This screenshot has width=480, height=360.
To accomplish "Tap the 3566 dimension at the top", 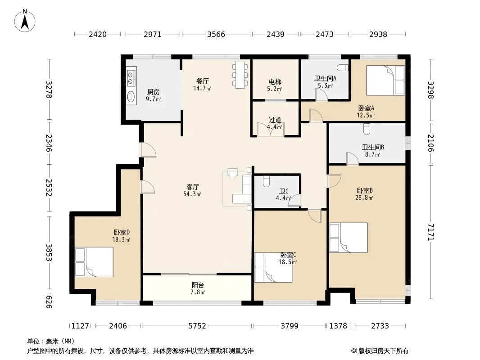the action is tap(216, 34).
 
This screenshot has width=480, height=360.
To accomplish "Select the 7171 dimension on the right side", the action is tap(431, 232).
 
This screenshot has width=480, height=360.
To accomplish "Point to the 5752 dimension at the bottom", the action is tap(197, 326).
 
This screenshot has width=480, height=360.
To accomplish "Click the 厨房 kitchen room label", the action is tap(154, 92).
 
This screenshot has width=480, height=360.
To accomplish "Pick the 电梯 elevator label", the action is tap(275, 81).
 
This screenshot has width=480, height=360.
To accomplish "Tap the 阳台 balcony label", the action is tap(198, 285).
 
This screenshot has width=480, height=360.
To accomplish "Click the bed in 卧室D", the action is tap(94, 262).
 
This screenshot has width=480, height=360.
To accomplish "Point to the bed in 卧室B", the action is tap(349, 238).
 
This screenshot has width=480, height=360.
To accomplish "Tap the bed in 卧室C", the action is tap(274, 267).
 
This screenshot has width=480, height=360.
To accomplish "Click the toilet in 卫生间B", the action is tap(367, 129).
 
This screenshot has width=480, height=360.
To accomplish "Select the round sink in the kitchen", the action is tap(131, 97).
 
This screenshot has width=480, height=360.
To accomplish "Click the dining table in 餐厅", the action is tap(240, 75).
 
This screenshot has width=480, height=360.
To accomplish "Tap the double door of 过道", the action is tap(271, 130).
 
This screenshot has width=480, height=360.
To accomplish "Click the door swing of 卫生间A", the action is tap(322, 94).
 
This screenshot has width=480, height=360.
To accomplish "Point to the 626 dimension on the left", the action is tap(48, 301).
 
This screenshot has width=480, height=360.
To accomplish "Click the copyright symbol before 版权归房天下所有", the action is tap(354, 351).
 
